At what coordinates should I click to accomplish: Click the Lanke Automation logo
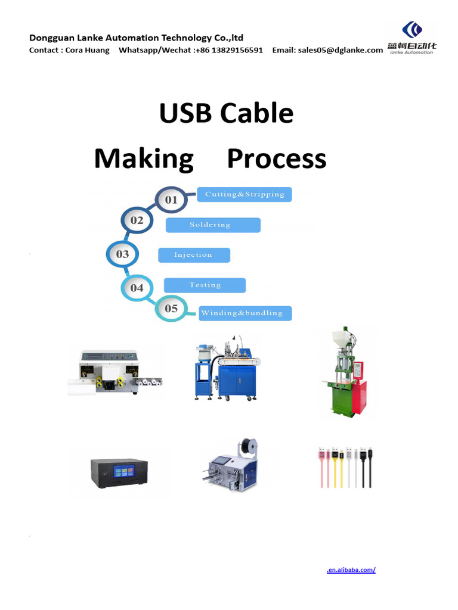point(411,38)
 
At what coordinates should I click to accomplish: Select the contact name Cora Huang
point(87,50)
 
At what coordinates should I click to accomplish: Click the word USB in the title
point(186,113)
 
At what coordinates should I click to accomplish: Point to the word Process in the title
point(277,158)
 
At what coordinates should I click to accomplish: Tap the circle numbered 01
point(171,200)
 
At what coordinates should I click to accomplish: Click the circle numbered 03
point(122,254)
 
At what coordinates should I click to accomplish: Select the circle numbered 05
point(171,309)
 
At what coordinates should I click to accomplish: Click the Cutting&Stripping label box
point(244,194)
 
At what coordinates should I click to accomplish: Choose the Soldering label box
point(213,225)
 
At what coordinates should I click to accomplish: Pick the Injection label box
point(194,255)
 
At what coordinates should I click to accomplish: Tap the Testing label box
point(205,285)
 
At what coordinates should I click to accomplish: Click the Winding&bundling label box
point(245,313)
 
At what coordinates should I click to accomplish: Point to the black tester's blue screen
point(124,472)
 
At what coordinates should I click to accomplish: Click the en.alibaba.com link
point(351,570)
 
